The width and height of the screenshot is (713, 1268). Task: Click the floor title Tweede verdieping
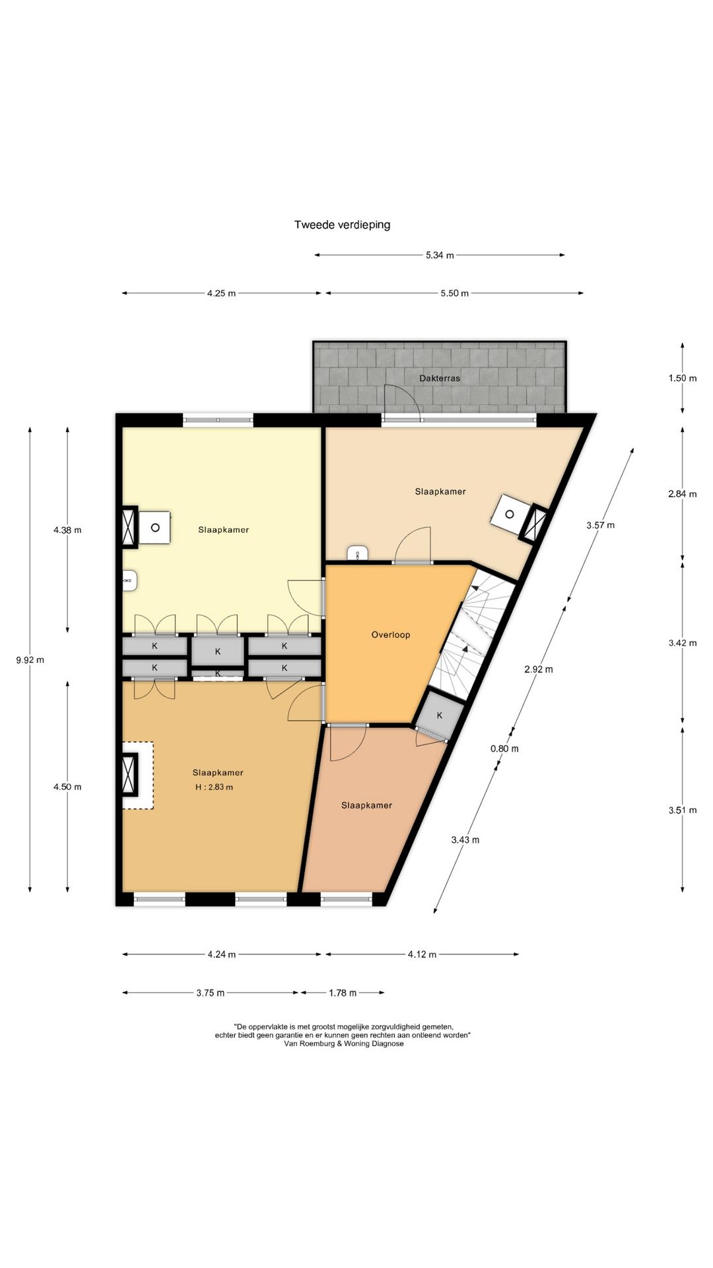(342, 225)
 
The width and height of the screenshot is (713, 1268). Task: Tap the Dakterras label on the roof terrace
(440, 378)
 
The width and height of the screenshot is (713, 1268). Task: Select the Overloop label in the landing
(391, 635)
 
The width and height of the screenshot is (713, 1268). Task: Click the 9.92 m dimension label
(30, 659)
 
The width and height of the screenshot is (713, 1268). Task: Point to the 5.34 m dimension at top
(440, 255)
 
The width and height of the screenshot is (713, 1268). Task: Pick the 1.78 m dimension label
(343, 993)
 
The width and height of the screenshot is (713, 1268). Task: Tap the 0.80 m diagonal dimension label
(504, 748)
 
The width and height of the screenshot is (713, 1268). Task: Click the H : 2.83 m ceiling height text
(214, 787)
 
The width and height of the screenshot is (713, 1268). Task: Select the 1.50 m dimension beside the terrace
(683, 378)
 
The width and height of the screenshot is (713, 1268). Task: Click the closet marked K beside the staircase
(439, 715)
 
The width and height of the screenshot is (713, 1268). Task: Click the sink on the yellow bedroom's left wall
(129, 581)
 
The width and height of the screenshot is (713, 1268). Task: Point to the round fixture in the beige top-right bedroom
(510, 514)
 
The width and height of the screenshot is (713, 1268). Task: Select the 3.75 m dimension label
(211, 993)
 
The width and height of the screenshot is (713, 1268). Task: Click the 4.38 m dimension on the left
(67, 530)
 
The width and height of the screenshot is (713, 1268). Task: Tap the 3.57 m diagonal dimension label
(600, 525)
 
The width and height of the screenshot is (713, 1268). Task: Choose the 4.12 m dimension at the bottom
(422, 954)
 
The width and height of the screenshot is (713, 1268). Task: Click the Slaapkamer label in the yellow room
(223, 530)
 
